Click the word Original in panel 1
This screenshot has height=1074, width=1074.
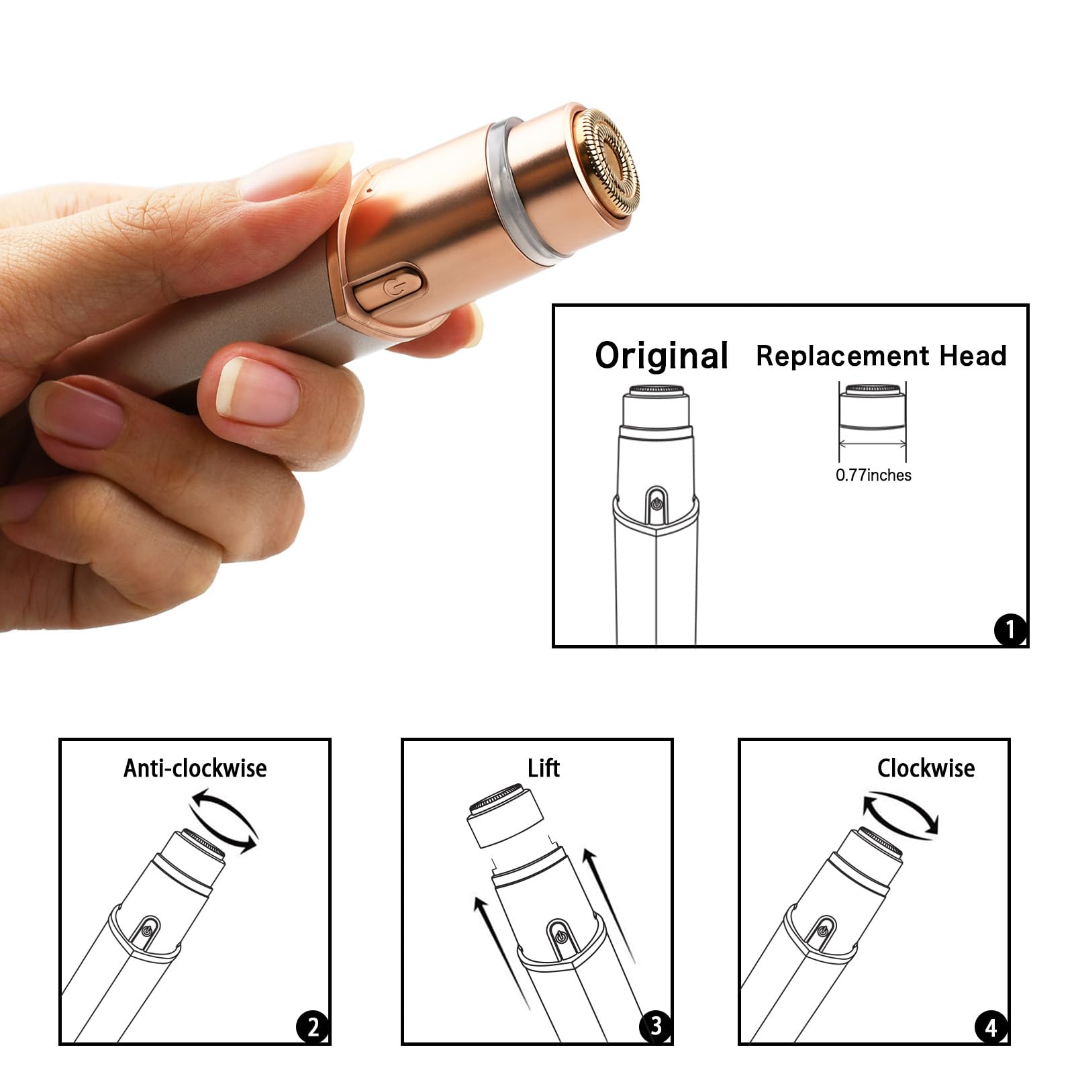pos(661,356)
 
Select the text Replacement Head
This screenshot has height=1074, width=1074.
pos(881,356)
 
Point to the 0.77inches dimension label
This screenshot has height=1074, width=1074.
pos(873,475)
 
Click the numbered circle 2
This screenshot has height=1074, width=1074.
pos(312,1027)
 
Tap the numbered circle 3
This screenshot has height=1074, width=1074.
pos(655,1026)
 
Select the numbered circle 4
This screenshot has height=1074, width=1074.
pos(991,1027)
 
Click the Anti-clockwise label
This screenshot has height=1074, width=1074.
pos(195,768)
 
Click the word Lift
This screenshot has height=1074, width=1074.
pos(543,768)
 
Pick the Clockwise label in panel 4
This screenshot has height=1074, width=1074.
pos(926,768)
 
